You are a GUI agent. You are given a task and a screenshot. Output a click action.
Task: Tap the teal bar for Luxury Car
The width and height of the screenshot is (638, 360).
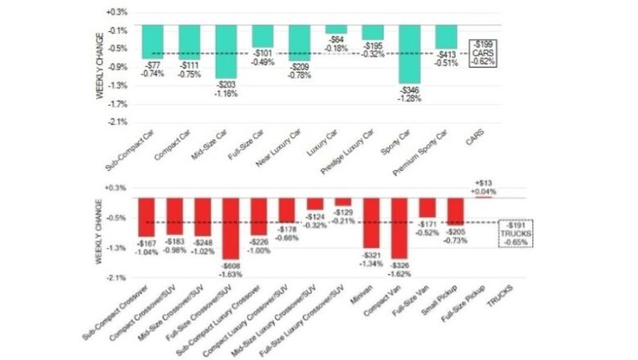tap(335, 29)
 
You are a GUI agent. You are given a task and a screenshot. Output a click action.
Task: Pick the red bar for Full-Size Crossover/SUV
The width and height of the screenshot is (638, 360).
tap(232, 227)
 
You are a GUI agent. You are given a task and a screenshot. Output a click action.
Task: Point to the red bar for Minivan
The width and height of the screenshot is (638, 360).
tap(372, 223)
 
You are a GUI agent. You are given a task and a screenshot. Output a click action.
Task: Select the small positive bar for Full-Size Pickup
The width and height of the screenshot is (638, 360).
tap(483, 197)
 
